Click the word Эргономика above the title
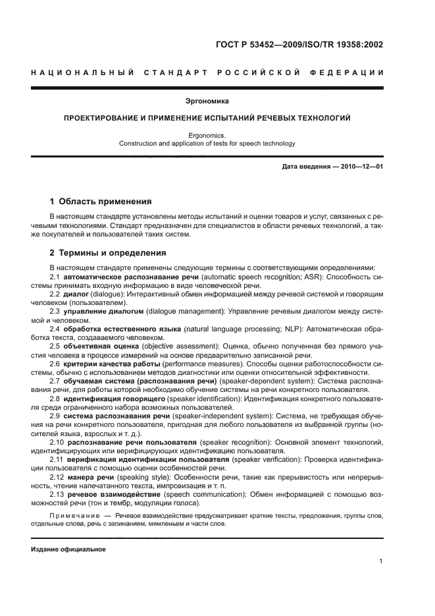217,101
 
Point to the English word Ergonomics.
217,135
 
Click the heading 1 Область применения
101,201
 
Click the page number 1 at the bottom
381,561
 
